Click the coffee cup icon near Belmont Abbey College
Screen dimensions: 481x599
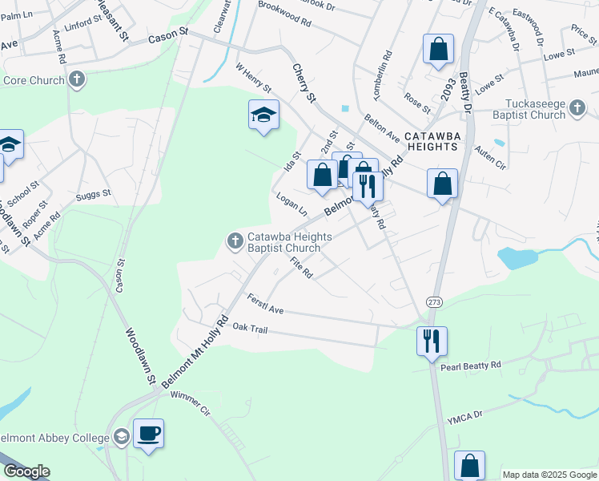148,434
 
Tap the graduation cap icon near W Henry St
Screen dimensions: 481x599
263,115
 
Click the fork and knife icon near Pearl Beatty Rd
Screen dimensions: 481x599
432,341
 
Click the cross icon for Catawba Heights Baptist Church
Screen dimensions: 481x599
235,240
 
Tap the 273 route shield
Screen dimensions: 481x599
434,301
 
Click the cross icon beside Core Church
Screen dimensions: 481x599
76,79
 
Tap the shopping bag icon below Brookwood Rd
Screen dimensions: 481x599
439,49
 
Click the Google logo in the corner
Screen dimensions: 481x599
26,471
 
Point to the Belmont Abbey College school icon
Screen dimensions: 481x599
121,437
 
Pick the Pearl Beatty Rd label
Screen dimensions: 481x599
470,366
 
